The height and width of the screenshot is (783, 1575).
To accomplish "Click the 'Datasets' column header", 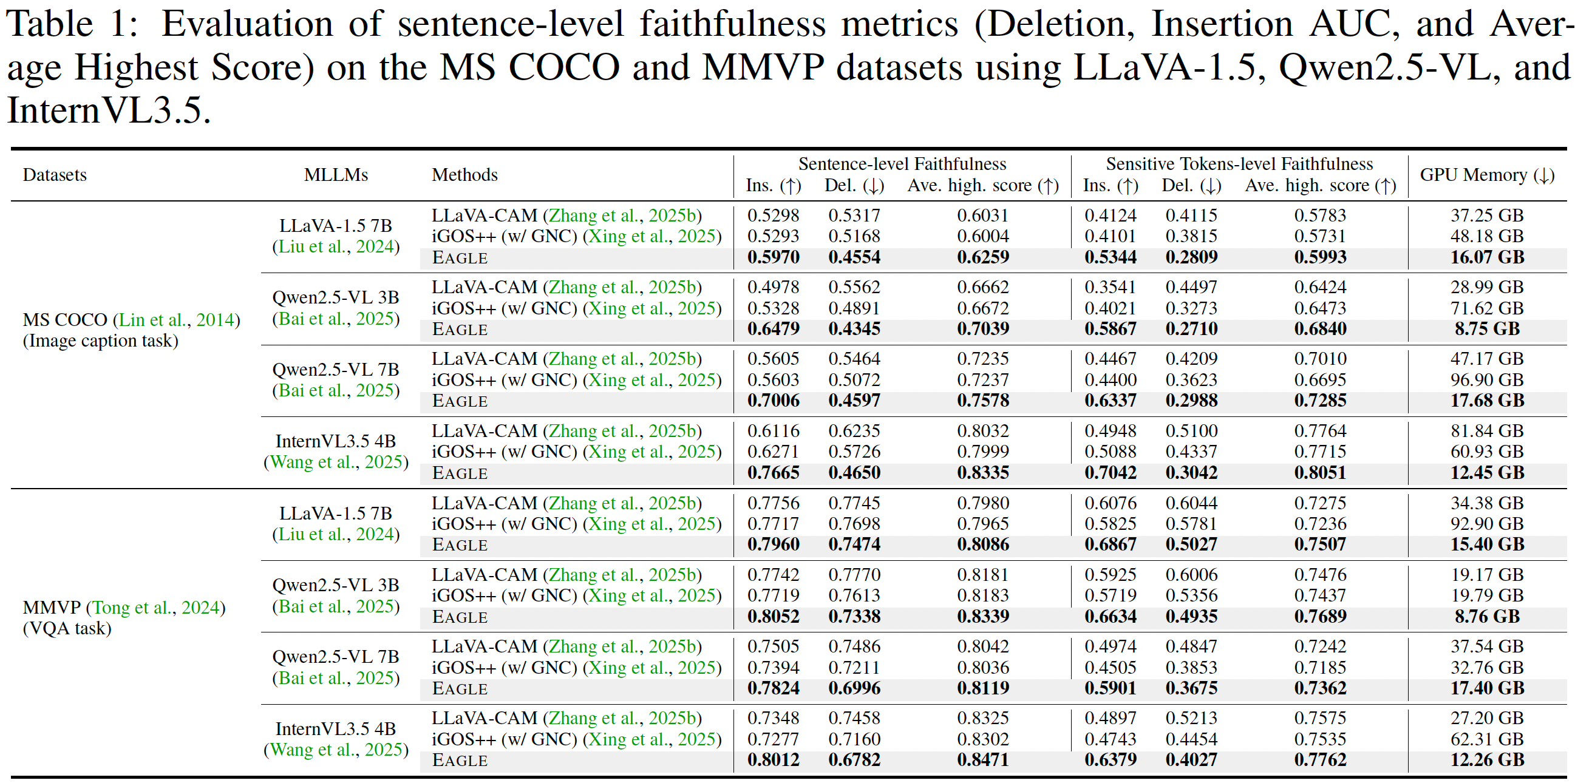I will tap(55, 175).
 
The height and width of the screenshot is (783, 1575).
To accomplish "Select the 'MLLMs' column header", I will tap(336, 175).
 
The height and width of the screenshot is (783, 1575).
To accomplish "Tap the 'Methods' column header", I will tap(464, 175).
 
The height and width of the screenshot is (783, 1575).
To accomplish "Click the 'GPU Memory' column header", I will tap(1486, 175).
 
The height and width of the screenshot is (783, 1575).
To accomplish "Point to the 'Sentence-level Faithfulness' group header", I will tap(902, 164).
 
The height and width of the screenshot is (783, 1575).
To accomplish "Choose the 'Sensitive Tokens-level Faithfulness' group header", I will tap(1239, 164).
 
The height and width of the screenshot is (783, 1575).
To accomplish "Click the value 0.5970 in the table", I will tap(773, 257).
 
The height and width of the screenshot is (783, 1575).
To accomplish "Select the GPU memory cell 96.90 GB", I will tap(1486, 379).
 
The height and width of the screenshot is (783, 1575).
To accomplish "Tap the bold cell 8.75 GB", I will tap(1486, 329).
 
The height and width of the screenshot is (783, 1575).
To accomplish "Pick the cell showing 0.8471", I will tap(982, 760).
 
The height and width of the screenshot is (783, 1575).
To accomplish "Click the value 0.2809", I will tap(1191, 257).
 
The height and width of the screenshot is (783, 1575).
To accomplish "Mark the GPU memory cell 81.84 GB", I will tap(1486, 431).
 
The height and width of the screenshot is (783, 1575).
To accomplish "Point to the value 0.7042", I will tap(1110, 472).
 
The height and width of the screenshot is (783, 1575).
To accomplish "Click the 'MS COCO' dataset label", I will tap(65, 320).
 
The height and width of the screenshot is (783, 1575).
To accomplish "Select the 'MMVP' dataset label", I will tap(52, 608).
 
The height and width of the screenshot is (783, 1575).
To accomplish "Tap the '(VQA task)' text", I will tap(67, 628).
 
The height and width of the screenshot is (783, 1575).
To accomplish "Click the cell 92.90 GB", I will tap(1486, 524).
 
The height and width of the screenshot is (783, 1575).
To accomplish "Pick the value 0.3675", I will tap(1191, 688).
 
